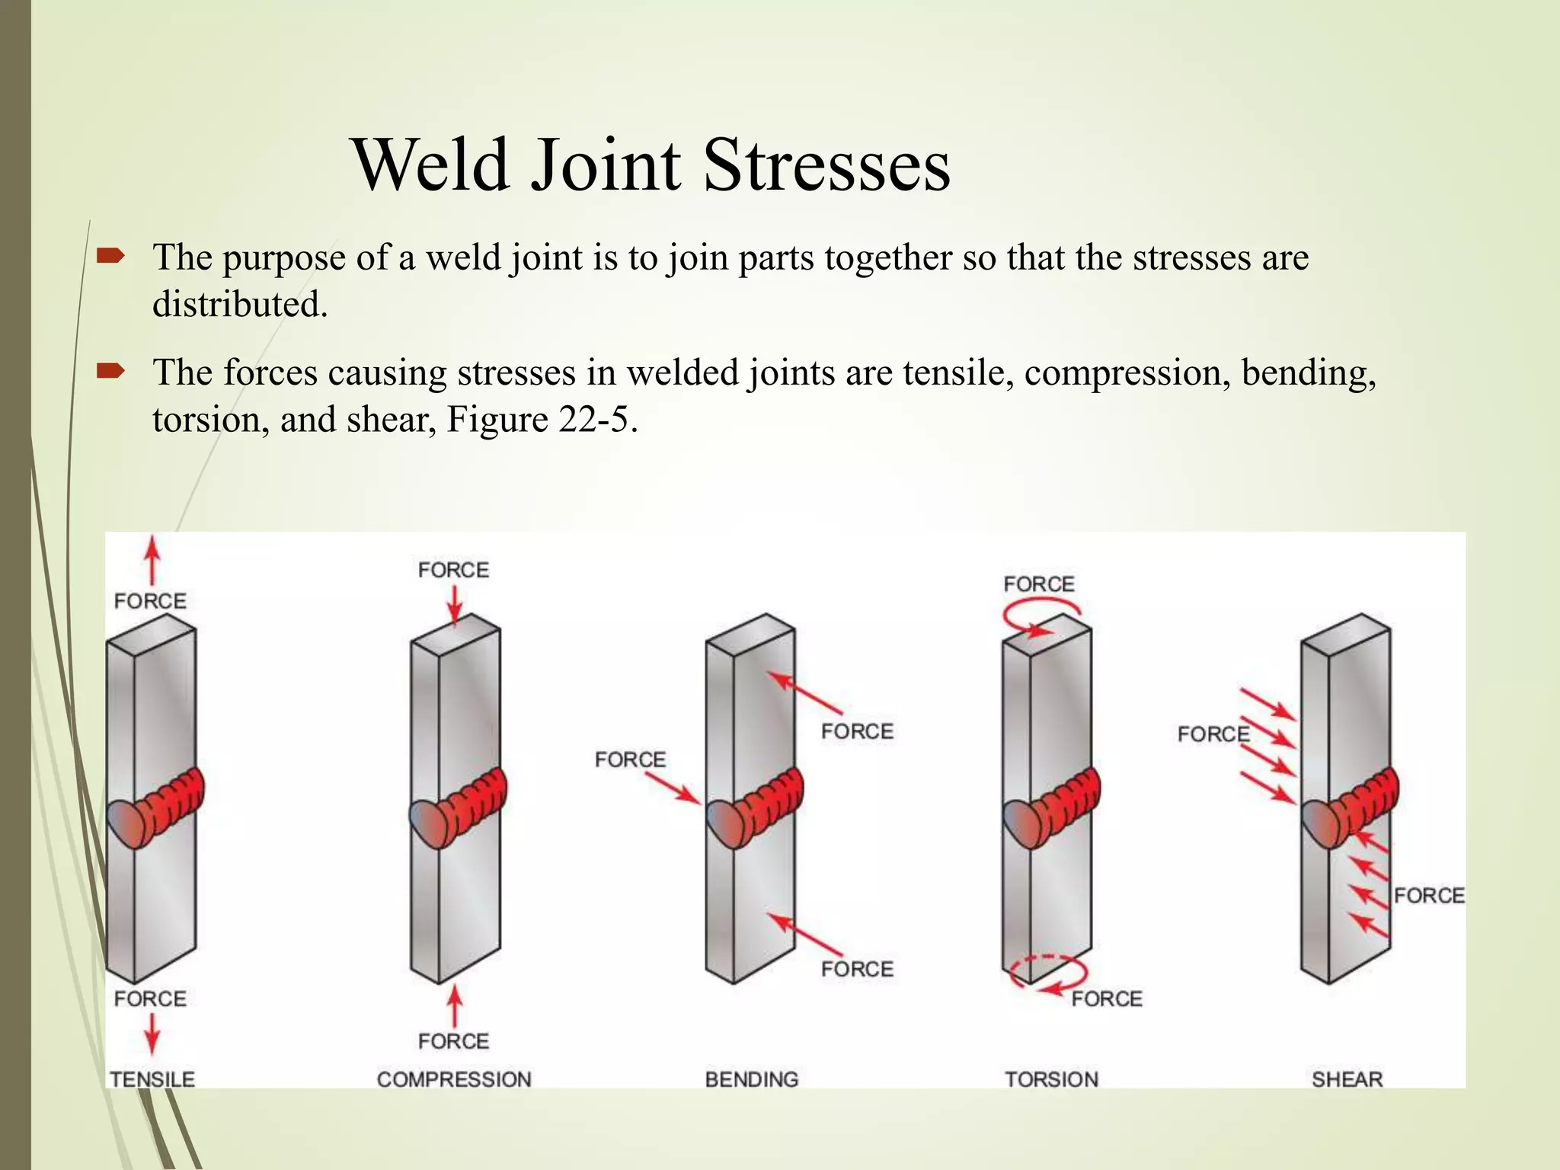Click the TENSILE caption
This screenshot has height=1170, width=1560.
[x=152, y=1079]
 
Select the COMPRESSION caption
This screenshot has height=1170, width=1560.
[x=454, y=1079]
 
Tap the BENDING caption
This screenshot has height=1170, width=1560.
[x=752, y=1079]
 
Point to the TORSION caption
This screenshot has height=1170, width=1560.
[x=1051, y=1079]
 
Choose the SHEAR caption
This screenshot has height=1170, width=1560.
[x=1347, y=1079]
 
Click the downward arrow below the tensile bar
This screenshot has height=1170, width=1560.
[x=152, y=1034]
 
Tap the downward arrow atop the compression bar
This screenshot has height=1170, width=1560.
[x=454, y=606]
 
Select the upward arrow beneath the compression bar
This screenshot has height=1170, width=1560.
[x=454, y=1005]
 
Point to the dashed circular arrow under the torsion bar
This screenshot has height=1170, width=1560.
[x=1048, y=975]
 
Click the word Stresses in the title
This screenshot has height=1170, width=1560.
[x=826, y=165]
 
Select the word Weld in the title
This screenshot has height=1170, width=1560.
[x=431, y=165]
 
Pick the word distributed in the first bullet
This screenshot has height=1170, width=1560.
[x=240, y=304]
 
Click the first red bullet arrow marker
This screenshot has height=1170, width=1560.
[x=110, y=257]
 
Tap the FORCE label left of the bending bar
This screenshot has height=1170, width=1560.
[x=630, y=759]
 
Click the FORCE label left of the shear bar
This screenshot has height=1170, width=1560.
[x=1213, y=734]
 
